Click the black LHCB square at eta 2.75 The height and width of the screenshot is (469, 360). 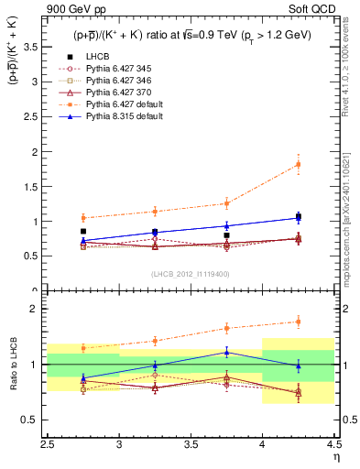pyautogui.click(x=83, y=232)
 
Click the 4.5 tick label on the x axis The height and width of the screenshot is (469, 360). pyautogui.click(x=333, y=443)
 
